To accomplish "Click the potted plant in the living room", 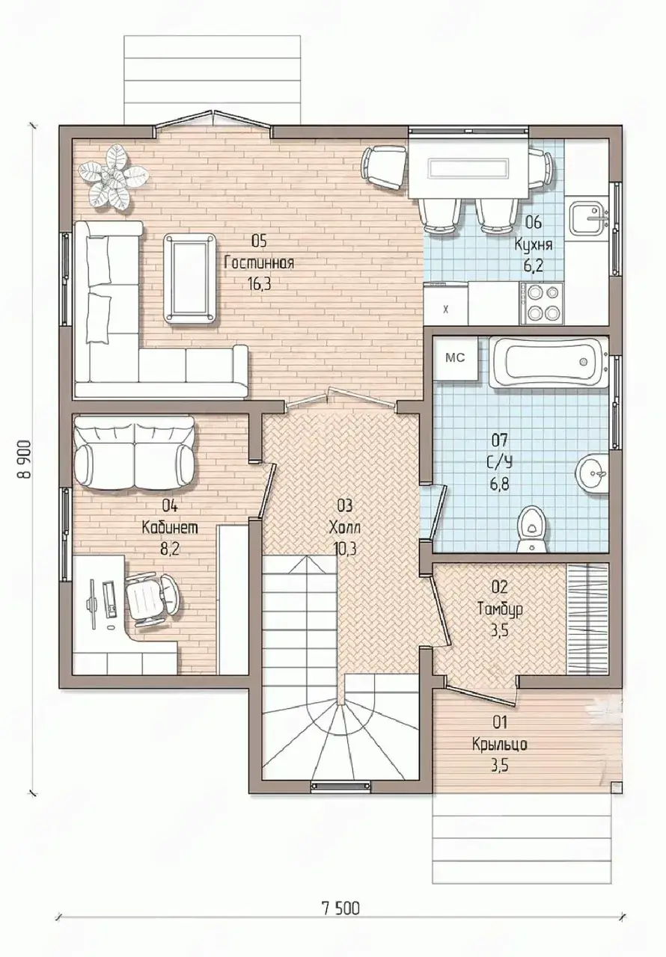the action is (x=113, y=177).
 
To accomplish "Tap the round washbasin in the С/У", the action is (x=593, y=473).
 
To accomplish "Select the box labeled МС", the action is (x=455, y=357).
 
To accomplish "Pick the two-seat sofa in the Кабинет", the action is (x=135, y=453).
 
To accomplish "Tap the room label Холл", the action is (x=344, y=527).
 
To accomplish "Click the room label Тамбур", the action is (x=500, y=609).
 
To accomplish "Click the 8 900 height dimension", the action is (x=25, y=458).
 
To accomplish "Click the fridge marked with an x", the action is (x=446, y=304).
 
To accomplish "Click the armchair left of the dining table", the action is (x=383, y=166).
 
